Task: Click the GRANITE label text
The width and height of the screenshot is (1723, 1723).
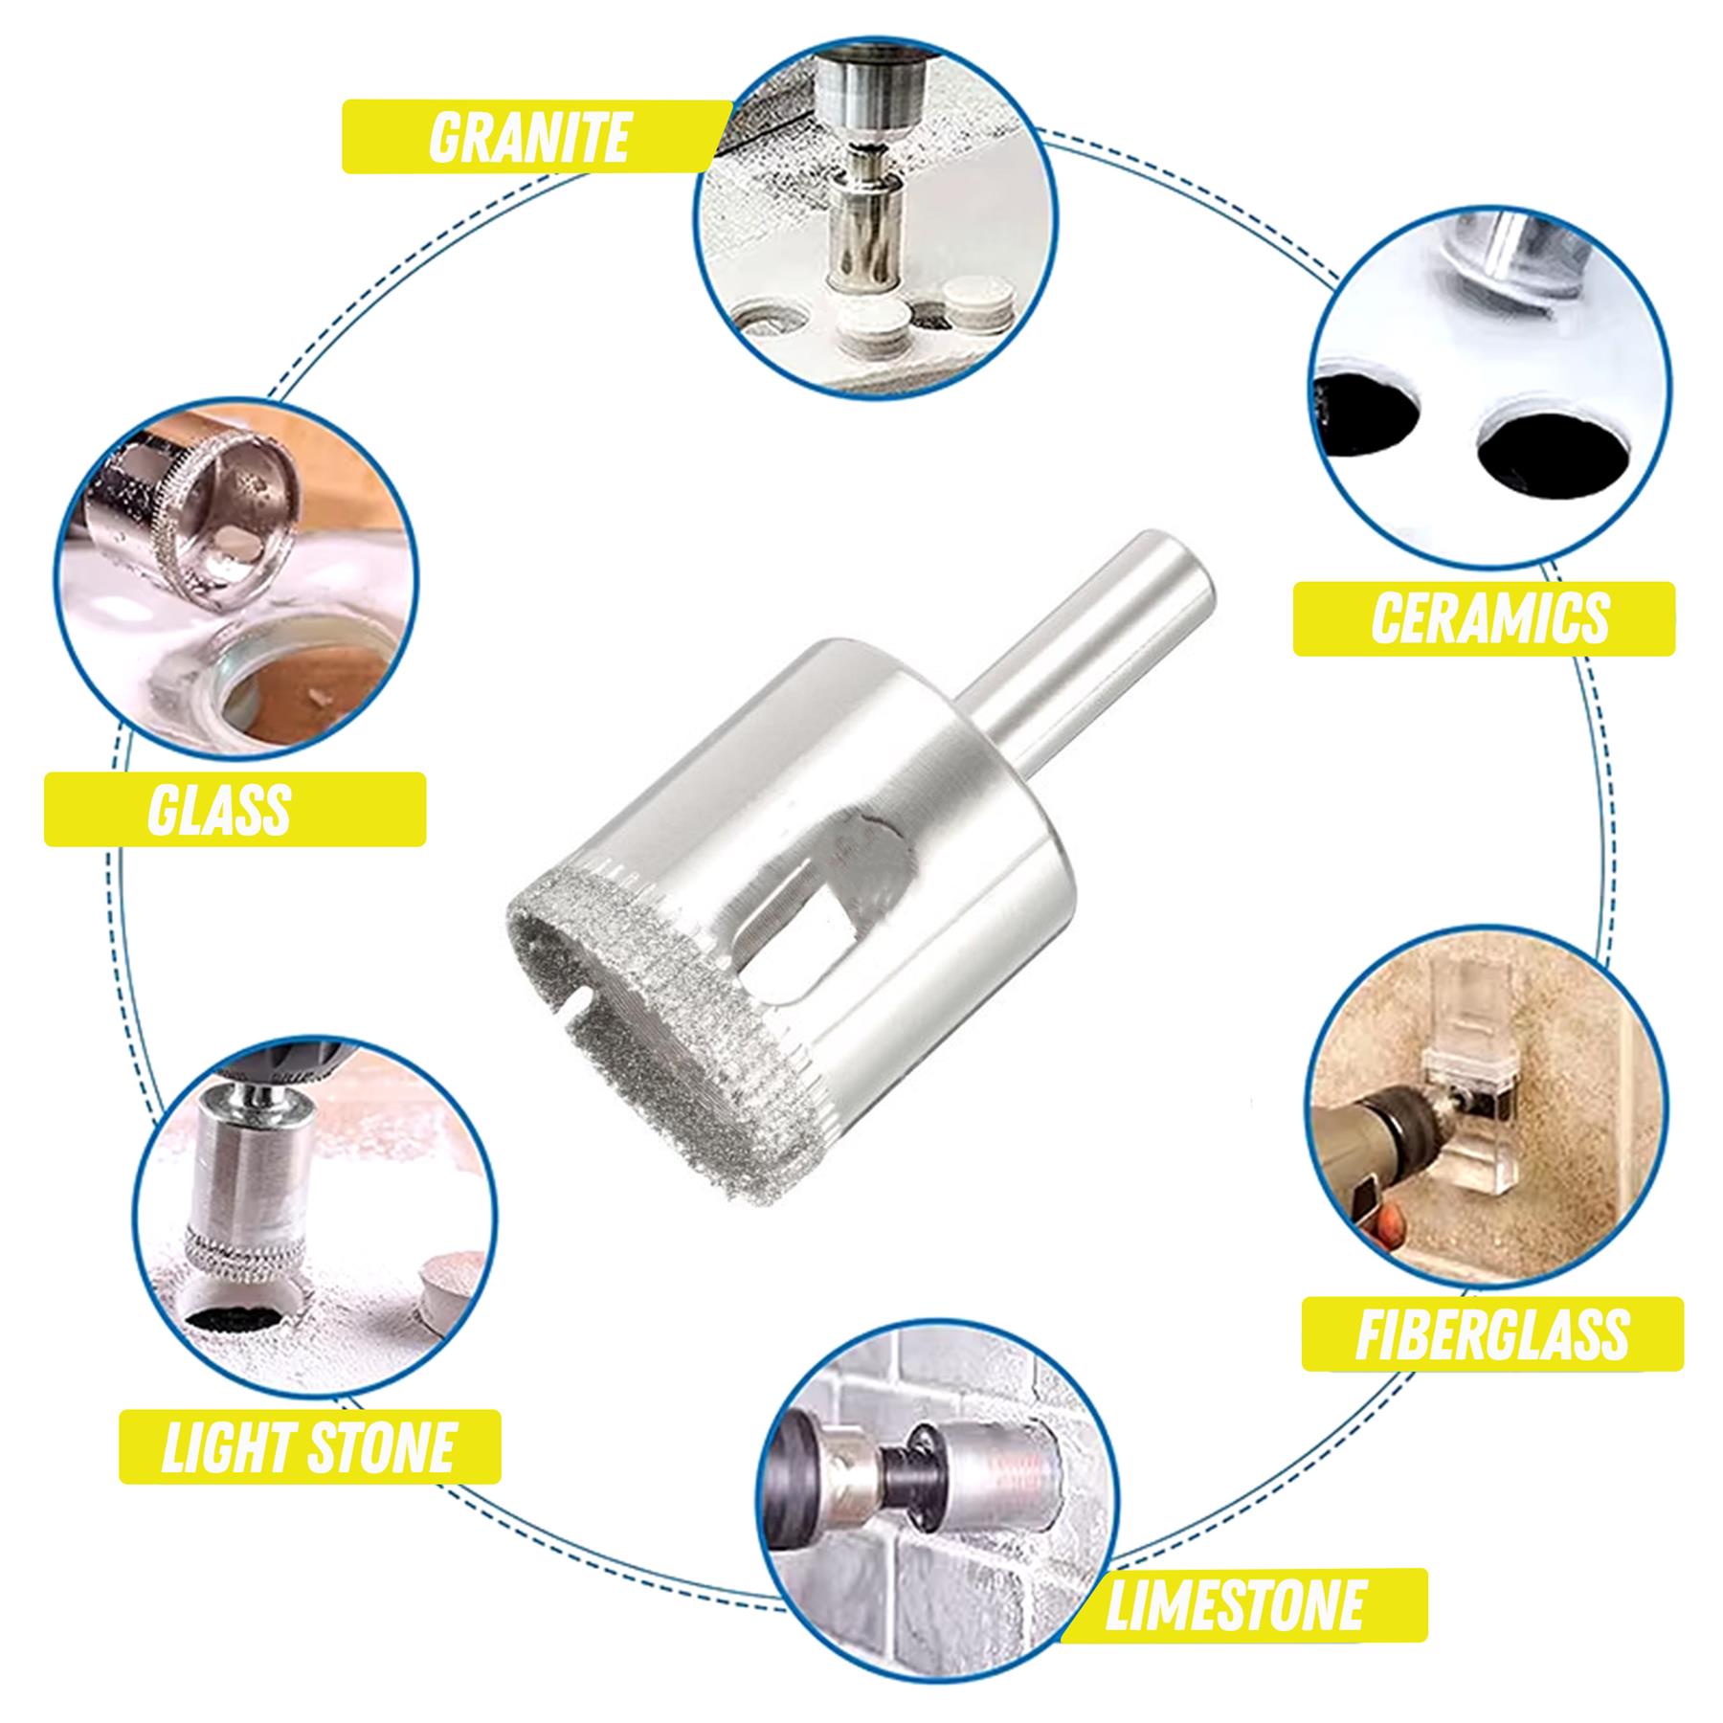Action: pos(528,136)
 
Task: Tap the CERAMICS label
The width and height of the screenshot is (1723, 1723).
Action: pos(1489,618)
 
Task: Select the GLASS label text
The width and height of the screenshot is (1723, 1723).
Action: pos(219,810)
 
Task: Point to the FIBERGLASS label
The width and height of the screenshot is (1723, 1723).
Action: pos(1491,1333)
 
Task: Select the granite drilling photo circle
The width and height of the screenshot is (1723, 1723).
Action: pos(876,215)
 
